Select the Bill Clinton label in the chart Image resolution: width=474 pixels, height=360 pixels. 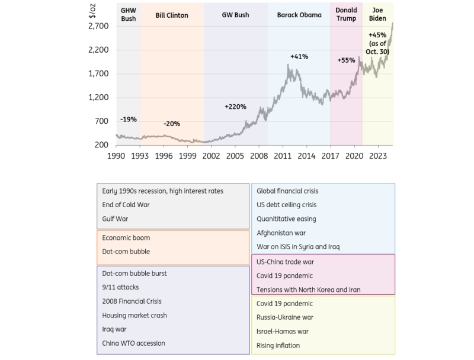point(172,15)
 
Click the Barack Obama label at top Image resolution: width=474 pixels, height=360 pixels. point(299,15)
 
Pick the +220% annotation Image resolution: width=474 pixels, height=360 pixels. point(235,107)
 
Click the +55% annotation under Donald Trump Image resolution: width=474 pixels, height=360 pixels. point(346,60)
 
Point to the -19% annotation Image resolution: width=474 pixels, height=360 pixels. point(128,120)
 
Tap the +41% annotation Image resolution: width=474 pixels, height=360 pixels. point(299,56)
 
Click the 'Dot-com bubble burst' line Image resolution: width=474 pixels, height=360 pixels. point(134,274)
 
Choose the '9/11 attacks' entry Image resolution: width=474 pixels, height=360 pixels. point(120,288)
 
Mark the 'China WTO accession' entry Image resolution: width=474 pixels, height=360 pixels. point(133,343)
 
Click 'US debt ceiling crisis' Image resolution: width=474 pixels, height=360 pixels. point(286,205)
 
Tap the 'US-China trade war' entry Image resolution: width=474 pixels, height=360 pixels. point(286,262)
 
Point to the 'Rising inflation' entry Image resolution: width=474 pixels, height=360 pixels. point(278,345)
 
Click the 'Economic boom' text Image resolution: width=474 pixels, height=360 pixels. point(126,237)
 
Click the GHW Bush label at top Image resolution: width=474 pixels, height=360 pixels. point(128,15)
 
